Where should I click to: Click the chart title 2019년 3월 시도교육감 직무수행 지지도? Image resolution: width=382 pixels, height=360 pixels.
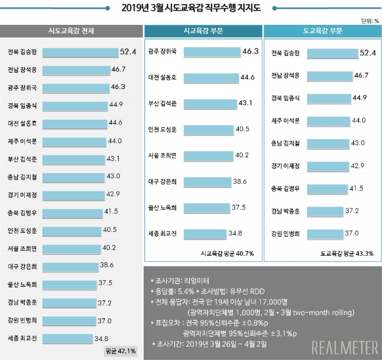coord(191,8)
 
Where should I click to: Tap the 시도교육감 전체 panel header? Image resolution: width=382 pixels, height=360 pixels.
coord(71,31)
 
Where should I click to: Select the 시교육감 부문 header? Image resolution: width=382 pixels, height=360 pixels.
coord(203,31)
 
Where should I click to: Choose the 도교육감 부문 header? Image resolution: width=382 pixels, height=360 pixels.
coord(322,31)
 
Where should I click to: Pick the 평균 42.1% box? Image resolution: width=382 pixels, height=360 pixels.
coord(120,351)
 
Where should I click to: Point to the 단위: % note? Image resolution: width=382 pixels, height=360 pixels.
coord(370,21)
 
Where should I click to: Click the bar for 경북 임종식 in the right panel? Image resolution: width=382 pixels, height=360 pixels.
coord(330,98)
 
